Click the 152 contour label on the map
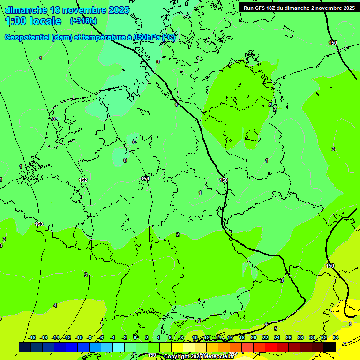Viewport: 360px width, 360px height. point(83,180)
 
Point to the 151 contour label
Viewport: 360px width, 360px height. point(145,179)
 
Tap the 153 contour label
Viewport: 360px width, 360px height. point(39,224)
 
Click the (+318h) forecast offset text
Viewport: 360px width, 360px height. point(83,21)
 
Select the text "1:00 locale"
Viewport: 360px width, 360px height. point(33,21)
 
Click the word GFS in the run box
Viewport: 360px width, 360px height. point(259,8)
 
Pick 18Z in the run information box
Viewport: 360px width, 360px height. point(271,8)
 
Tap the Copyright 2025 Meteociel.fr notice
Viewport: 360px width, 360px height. point(199,356)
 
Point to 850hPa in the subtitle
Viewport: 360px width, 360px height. point(145,37)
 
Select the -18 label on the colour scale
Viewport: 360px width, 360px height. point(32,337)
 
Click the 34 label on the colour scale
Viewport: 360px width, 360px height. point(335,337)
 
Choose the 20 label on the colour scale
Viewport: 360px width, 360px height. point(253,337)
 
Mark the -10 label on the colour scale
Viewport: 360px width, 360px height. point(78,337)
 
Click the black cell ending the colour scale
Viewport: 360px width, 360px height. point(330,347)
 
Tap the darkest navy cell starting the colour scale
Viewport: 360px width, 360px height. point(24,347)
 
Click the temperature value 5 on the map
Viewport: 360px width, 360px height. point(276,329)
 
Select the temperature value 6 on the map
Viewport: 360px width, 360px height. point(350,324)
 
